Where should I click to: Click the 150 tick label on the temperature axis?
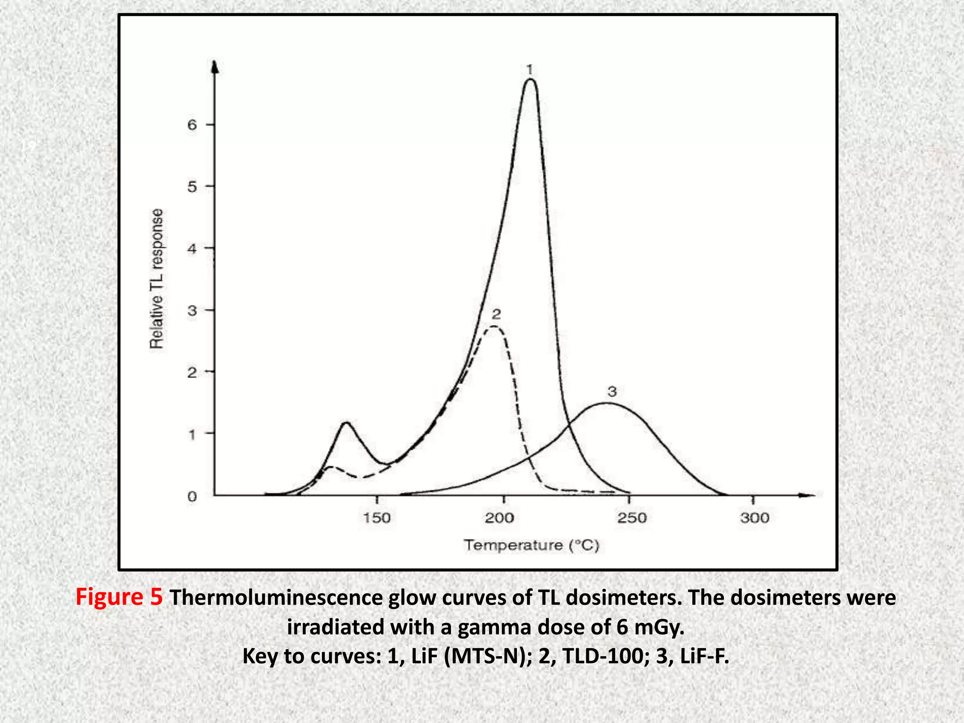click(377, 518)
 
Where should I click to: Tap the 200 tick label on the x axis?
click(499, 518)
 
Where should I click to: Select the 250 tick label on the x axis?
click(632, 518)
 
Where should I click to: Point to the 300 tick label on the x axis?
click(755, 518)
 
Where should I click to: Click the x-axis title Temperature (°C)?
click(531, 546)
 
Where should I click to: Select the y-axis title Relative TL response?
click(157, 278)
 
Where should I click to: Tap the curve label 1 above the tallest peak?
click(530, 70)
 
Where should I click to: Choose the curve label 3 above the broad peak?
click(612, 392)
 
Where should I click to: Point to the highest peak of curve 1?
click(530, 80)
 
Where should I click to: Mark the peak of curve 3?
click(608, 403)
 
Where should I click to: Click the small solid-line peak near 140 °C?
click(346, 423)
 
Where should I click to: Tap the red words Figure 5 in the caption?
click(119, 597)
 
